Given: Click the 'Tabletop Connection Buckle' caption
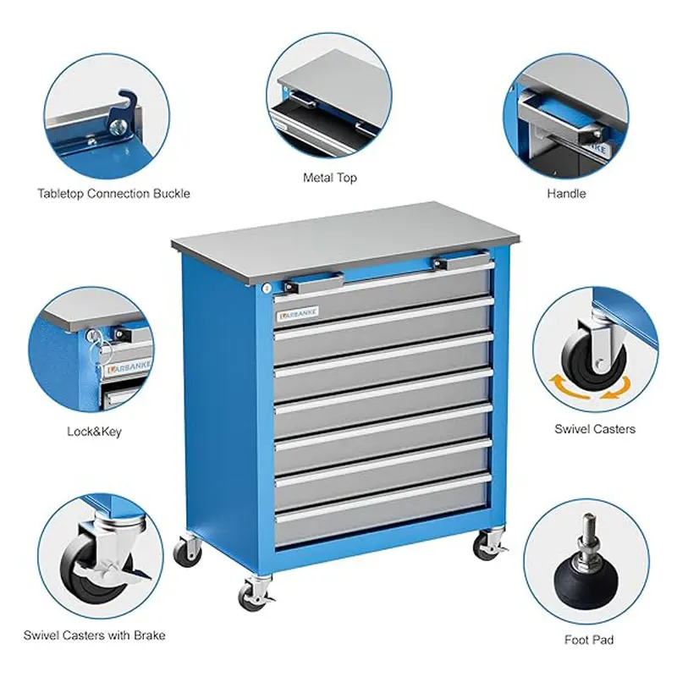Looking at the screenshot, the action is tap(113, 194).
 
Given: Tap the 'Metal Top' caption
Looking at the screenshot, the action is tap(330, 178).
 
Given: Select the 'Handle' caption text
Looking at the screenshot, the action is tap(566, 193).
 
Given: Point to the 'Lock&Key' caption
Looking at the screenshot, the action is tap(94, 432).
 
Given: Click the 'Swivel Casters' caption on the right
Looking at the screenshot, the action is tap(595, 429).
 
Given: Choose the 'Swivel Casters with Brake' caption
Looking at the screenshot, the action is tap(94, 636).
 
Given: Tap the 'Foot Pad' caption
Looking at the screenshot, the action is tap(589, 640).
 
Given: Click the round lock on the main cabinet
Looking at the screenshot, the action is tap(267, 289).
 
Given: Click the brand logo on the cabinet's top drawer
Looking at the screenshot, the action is tap(298, 314).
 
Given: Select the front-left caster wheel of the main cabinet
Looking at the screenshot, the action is tap(253, 594).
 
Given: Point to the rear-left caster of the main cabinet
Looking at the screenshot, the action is tap(188, 551).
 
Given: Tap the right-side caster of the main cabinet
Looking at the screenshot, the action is tap(488, 545).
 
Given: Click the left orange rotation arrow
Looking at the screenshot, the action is tap(566, 387).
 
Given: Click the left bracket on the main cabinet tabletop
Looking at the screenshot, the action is tap(314, 283).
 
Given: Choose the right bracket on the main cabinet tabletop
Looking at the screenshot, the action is tap(462, 261).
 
